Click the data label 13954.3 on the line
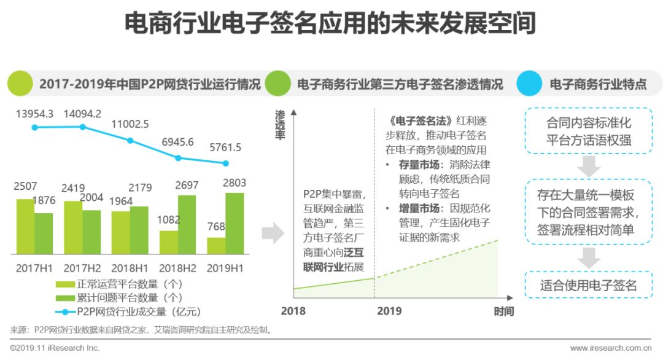35,114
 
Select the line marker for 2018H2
178,158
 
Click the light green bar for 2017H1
25,227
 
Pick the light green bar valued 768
216,246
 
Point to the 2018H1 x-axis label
130,268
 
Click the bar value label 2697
187,186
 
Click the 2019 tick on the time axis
389,311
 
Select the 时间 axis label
504,311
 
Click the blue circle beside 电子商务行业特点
529,84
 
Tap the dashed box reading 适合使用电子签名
589,285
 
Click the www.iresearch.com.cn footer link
610,348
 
